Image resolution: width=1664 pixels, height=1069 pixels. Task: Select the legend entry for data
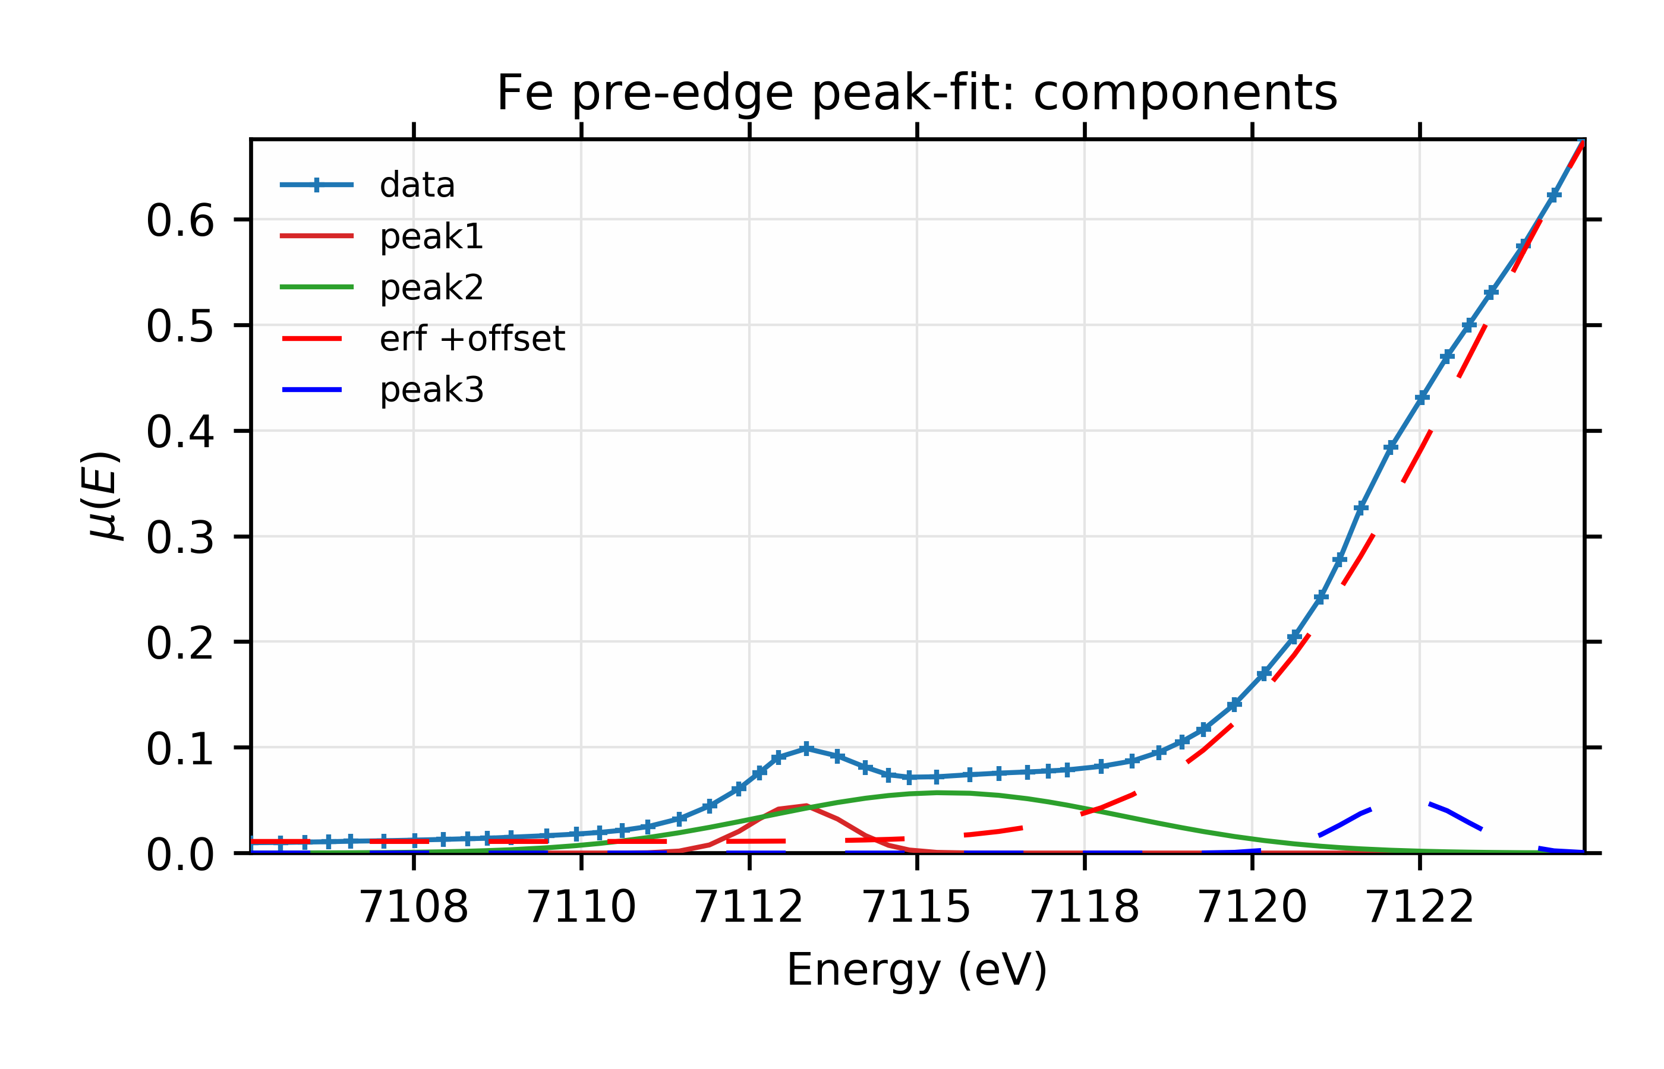(417, 185)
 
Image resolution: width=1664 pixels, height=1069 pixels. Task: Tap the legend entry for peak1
(431, 237)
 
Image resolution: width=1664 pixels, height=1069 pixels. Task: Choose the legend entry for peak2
(431, 287)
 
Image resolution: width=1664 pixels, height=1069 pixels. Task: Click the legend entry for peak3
(431, 390)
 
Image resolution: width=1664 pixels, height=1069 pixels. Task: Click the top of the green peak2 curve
(938, 792)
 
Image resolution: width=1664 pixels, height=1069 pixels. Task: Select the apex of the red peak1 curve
(806, 805)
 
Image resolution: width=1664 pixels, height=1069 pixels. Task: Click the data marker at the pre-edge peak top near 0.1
(806, 748)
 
